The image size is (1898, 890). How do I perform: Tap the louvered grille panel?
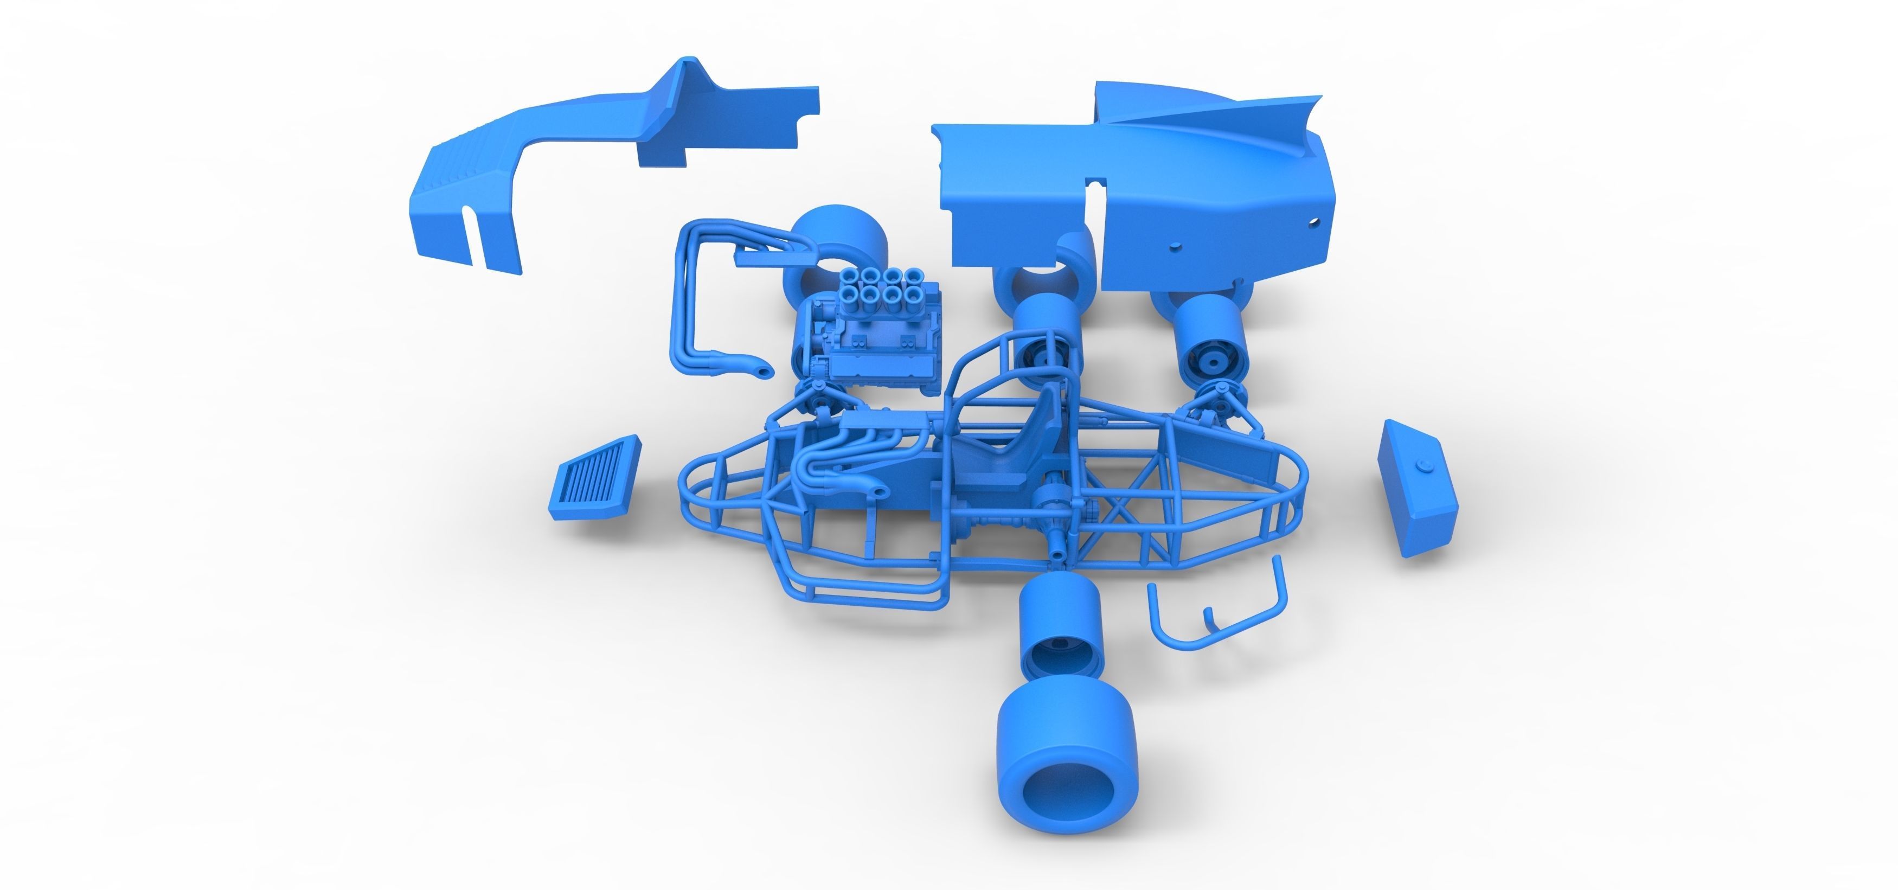[594, 477]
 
